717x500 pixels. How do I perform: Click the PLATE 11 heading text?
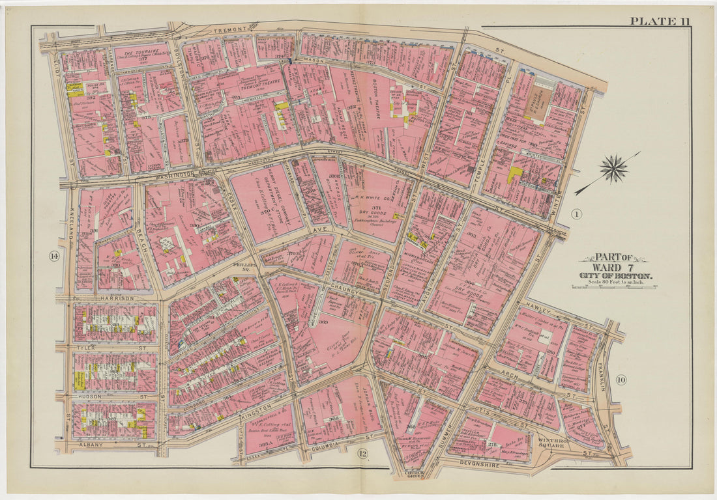(659, 21)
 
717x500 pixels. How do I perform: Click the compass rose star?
(613, 169)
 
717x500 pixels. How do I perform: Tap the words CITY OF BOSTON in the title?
(615, 275)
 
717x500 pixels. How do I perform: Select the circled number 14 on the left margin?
(53, 256)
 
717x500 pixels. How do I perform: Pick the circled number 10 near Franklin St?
(620, 380)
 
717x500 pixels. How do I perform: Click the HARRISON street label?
(117, 298)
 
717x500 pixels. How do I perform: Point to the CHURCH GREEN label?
(413, 475)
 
